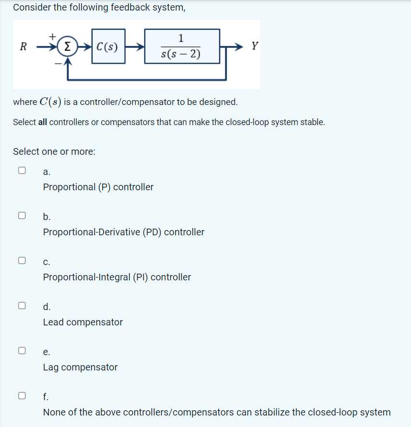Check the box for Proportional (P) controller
22,170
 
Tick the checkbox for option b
22,215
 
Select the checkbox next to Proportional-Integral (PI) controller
22,260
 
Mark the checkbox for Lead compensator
22,305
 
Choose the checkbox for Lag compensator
22,350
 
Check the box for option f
22,395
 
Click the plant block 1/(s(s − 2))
182,46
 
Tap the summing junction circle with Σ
68,47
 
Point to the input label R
23,47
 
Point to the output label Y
255,46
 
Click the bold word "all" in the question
42,122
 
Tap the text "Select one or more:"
54,151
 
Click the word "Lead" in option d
53,323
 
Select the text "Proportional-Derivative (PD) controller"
124,232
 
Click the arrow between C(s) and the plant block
135,47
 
